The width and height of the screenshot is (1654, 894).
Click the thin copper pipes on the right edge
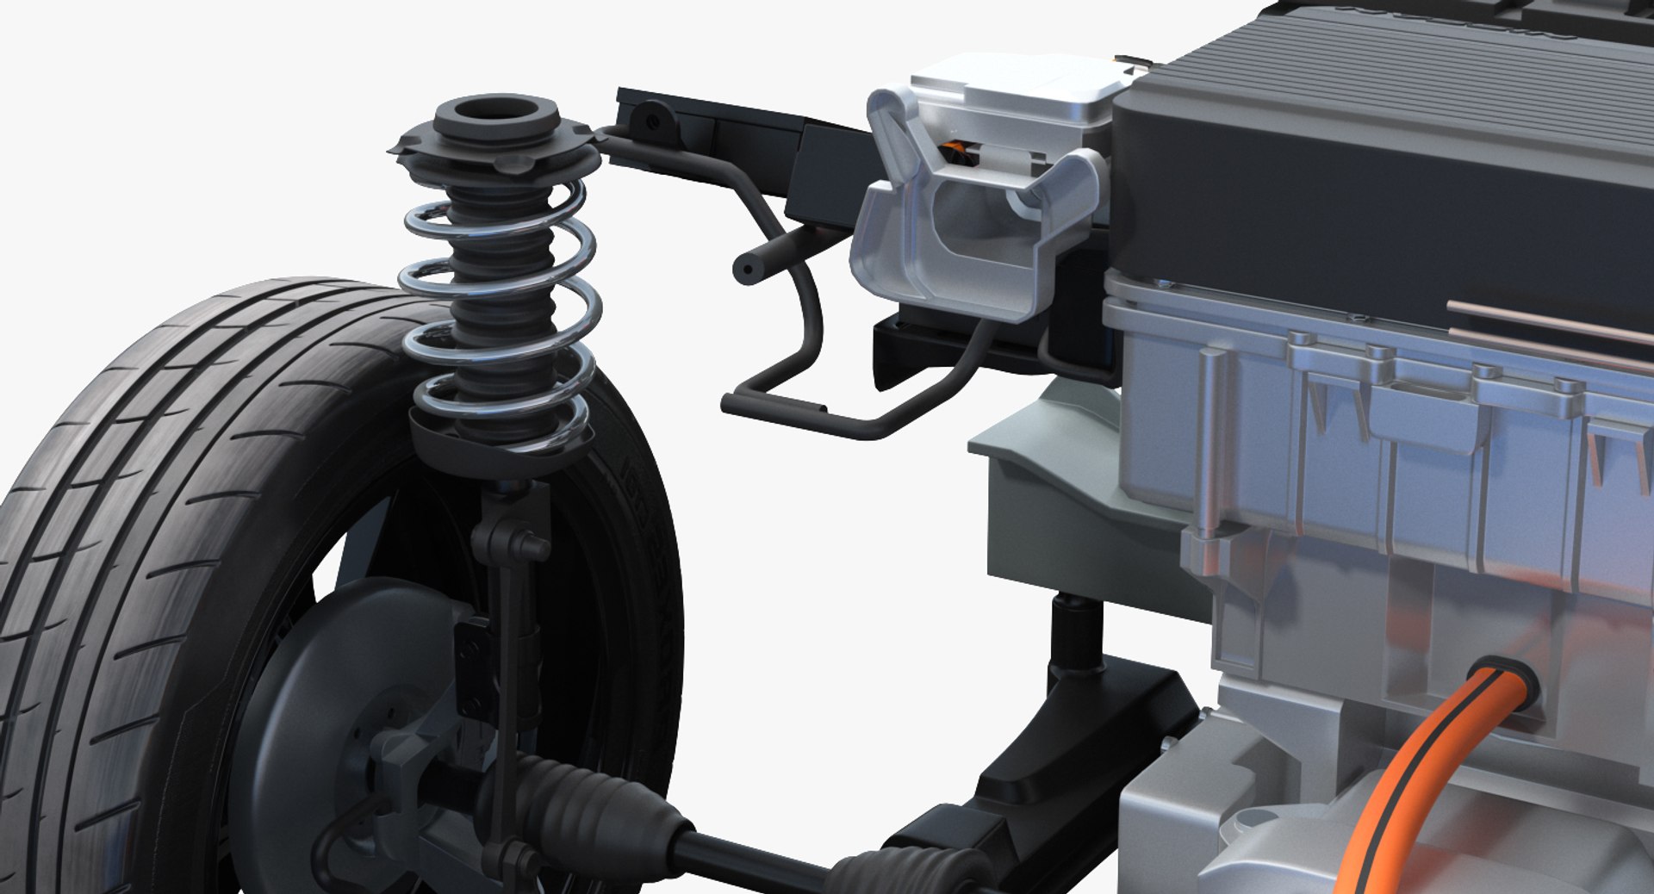click(1551, 323)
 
